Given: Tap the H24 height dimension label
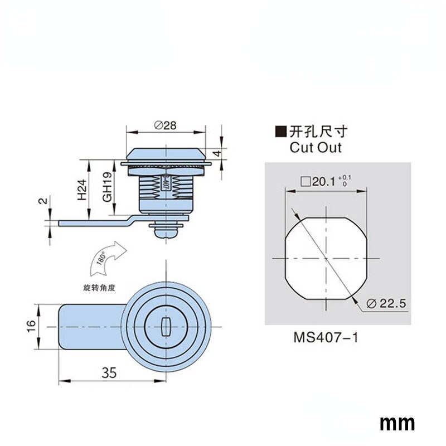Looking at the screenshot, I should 82,190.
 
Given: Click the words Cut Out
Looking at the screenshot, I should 316,148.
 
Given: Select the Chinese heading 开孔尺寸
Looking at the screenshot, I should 318,132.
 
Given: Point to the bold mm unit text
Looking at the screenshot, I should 397,423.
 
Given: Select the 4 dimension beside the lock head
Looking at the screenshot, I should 220,152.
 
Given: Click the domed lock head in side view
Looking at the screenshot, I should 164,154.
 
